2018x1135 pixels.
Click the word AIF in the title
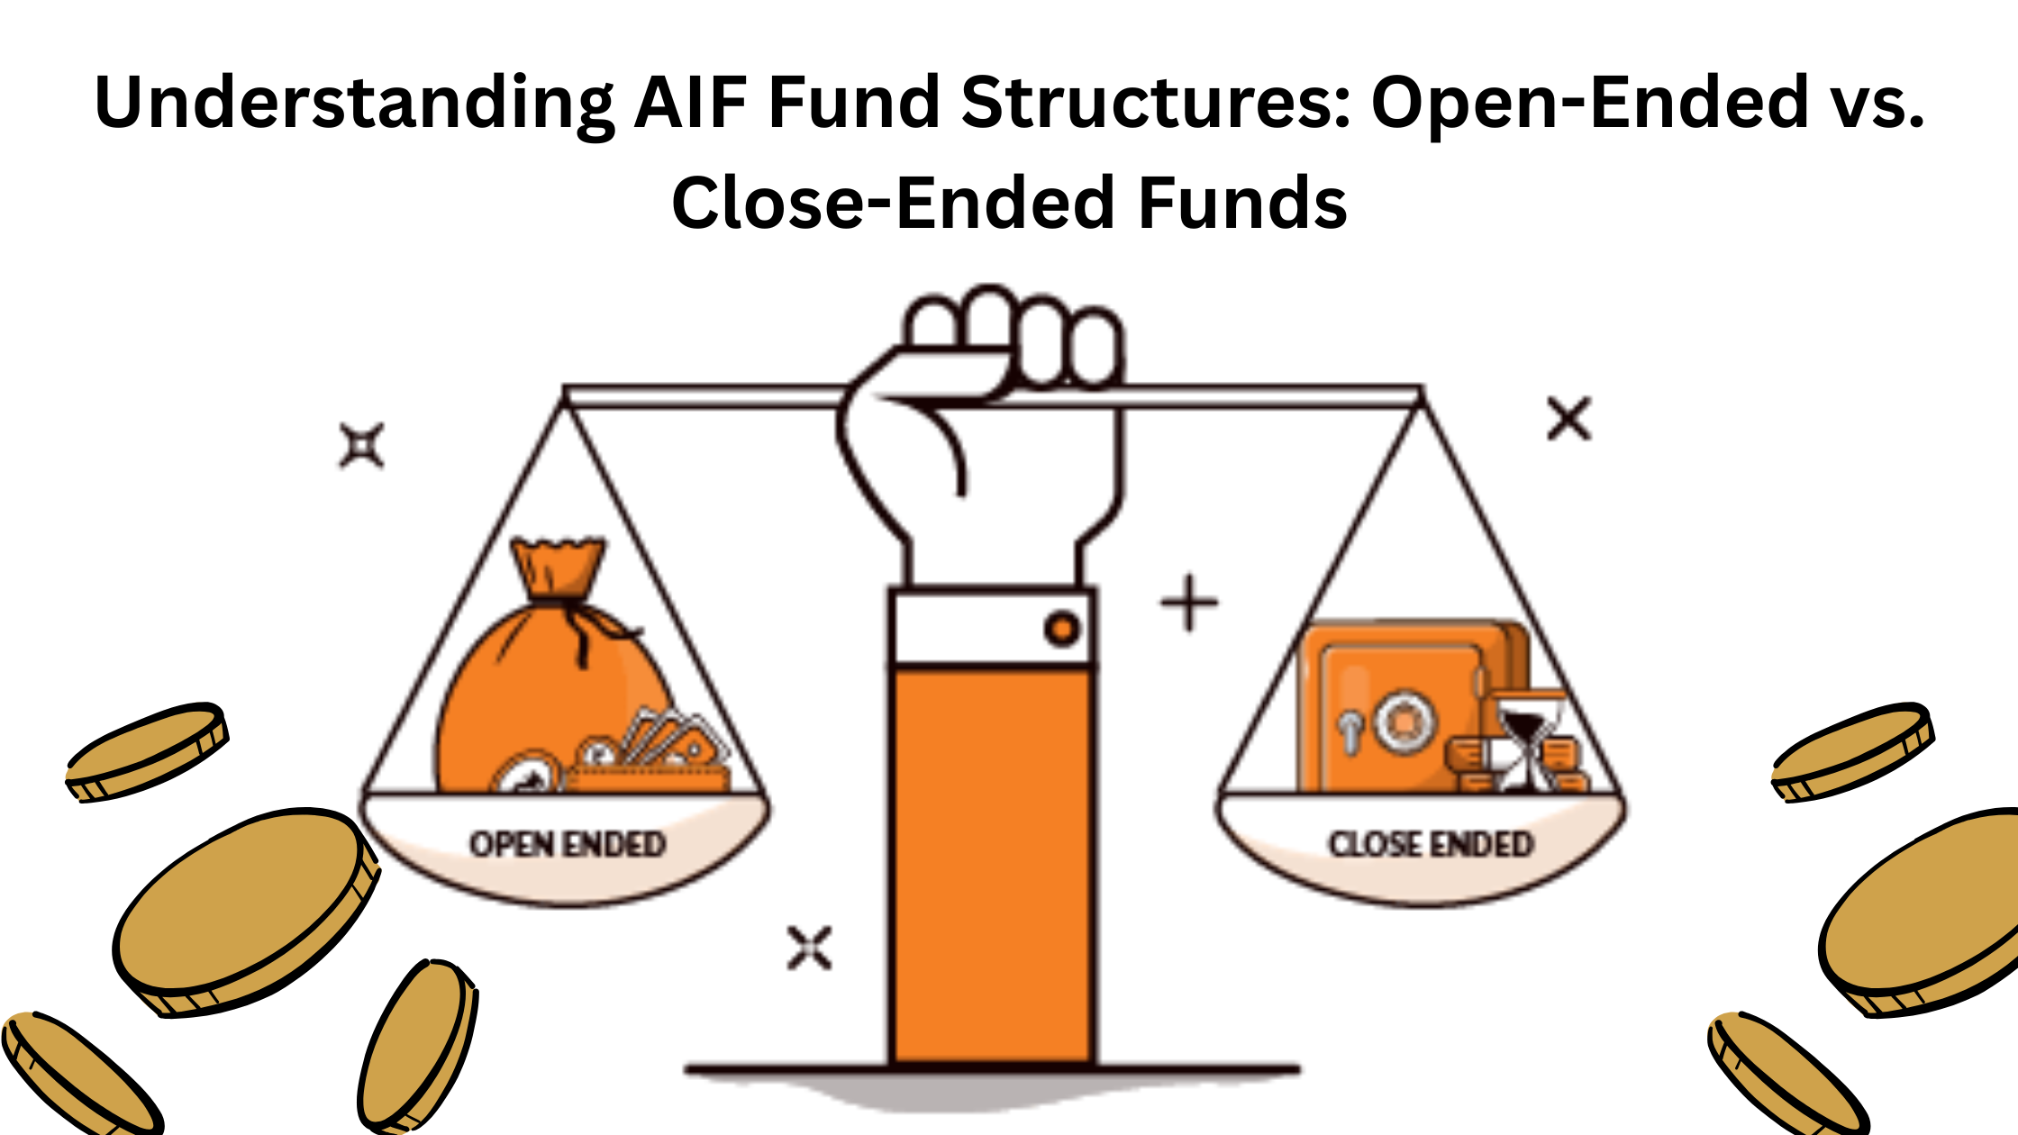point(690,102)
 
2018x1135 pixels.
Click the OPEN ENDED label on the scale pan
point(568,844)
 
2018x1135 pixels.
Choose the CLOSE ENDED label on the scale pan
point(1431,844)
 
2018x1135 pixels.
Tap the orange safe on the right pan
point(1392,703)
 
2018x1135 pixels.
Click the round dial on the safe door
point(1401,721)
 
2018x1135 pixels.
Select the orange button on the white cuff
point(1062,629)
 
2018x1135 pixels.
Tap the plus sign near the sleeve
point(1189,603)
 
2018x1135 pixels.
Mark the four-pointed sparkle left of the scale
point(362,446)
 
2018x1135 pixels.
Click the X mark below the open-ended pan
point(809,948)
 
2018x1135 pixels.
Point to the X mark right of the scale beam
point(1569,419)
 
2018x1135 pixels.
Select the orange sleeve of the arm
point(991,865)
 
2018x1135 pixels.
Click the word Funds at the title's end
point(1242,203)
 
